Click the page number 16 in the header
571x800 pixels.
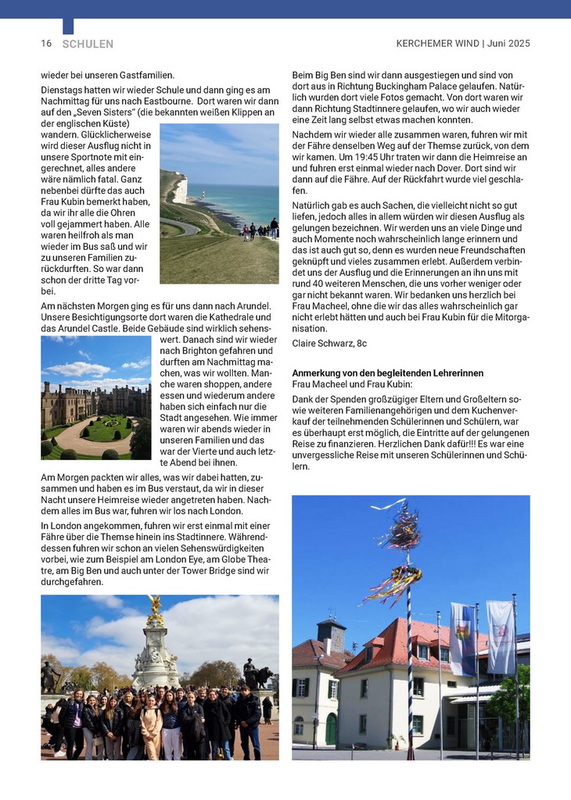pyautogui.click(x=46, y=44)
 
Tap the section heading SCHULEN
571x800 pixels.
pyautogui.click(x=88, y=45)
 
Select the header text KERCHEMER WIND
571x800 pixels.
pyautogui.click(x=437, y=44)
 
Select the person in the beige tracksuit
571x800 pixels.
pyautogui.click(x=151, y=723)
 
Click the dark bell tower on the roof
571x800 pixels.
pyautogui.click(x=331, y=634)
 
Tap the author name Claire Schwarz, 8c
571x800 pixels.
pyautogui.click(x=329, y=343)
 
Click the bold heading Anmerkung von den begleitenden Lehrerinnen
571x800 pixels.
pyautogui.click(x=387, y=373)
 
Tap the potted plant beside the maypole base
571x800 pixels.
pyautogui.click(x=393, y=741)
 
